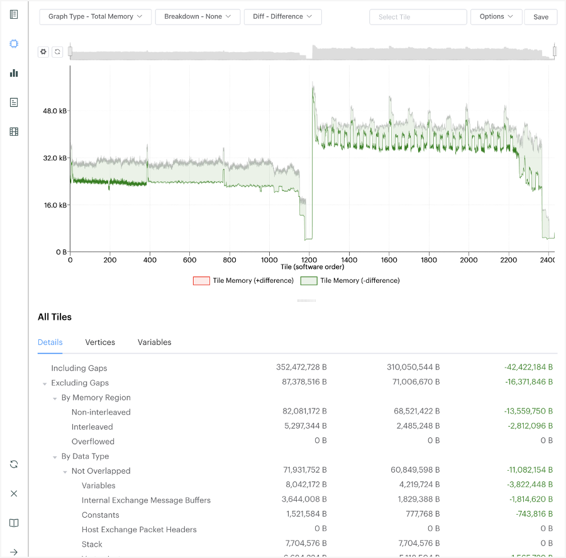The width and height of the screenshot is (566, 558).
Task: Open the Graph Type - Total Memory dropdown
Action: pyautogui.click(x=95, y=17)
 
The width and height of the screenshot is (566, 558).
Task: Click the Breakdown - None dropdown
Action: pyautogui.click(x=197, y=17)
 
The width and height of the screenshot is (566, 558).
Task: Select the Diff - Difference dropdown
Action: pyautogui.click(x=282, y=17)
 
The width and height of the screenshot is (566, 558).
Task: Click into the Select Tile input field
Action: pyautogui.click(x=418, y=17)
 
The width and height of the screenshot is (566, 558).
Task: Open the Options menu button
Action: pyautogui.click(x=496, y=17)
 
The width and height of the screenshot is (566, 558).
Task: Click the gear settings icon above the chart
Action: pyautogui.click(x=43, y=52)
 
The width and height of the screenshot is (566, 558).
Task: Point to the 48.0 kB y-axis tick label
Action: pyautogui.click(x=55, y=111)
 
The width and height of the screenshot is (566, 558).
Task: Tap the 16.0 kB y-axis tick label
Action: pyautogui.click(x=55, y=205)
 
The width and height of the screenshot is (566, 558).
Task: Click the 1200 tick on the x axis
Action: pyautogui.click(x=309, y=260)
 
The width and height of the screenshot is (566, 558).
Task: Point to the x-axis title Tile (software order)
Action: pyautogui.click(x=312, y=267)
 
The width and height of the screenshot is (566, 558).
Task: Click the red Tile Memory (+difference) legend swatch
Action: pyautogui.click(x=201, y=281)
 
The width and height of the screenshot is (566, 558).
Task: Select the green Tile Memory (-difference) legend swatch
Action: pyautogui.click(x=308, y=281)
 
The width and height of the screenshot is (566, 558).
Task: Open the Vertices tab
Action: pyautogui.click(x=100, y=342)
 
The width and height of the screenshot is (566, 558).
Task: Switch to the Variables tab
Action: pyautogui.click(x=154, y=342)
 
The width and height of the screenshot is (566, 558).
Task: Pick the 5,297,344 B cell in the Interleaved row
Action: pyautogui.click(x=304, y=427)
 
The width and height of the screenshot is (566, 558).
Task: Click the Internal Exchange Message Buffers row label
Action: pyautogui.click(x=146, y=500)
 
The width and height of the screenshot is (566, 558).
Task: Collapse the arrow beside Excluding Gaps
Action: pyautogui.click(x=45, y=383)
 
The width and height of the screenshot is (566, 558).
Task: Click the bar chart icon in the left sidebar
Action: pyautogui.click(x=14, y=73)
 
